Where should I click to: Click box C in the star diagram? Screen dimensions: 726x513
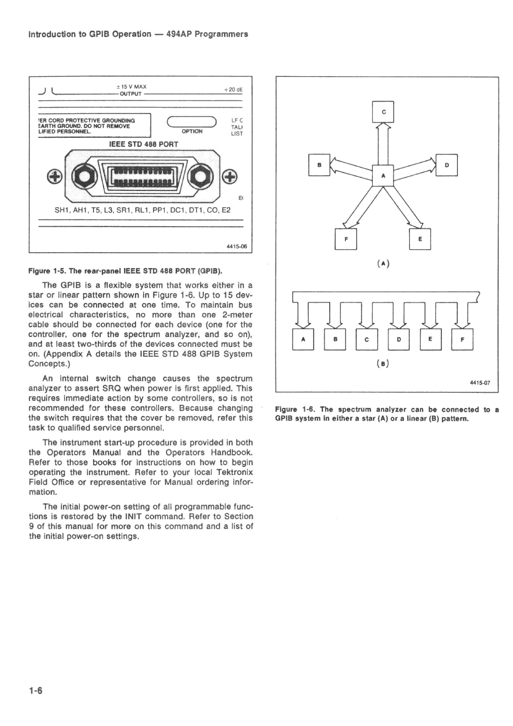tap(383, 112)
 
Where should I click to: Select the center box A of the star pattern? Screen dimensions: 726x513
tap(383, 176)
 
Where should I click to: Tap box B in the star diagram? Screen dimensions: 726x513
tap(319, 165)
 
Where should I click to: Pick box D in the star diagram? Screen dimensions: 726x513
tap(447, 165)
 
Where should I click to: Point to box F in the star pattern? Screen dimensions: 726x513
tap(346, 239)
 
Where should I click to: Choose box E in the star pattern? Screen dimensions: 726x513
tap(420, 239)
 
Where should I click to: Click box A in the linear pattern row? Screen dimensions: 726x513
tap(303, 339)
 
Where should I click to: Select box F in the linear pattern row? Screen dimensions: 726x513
tap(462, 339)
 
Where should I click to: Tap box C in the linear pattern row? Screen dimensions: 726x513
tap(367, 339)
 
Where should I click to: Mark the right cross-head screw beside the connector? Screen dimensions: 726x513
tap(229, 177)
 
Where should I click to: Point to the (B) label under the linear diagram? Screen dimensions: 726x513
tap(384, 364)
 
